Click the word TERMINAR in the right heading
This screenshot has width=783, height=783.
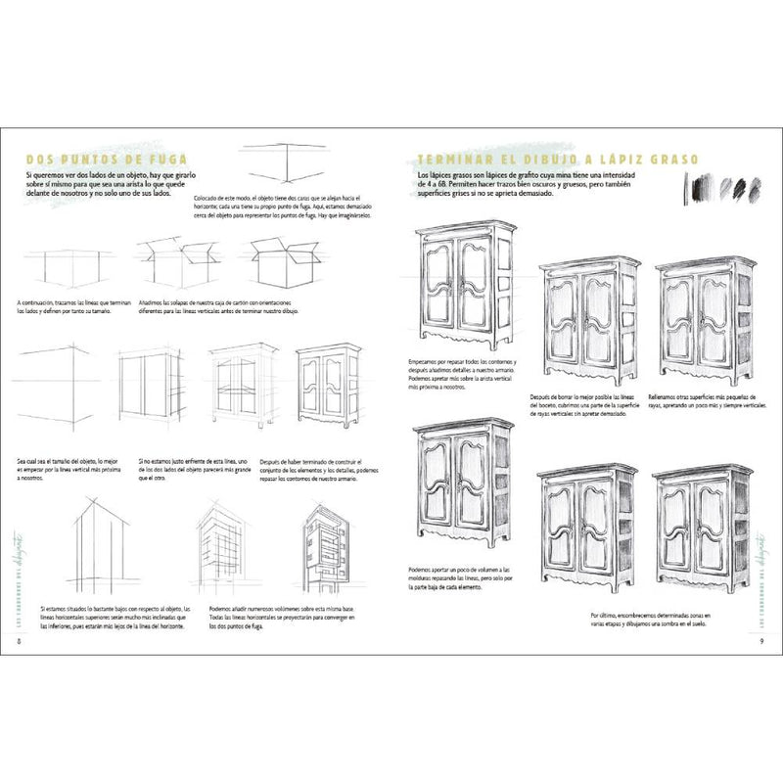pyautogui.click(x=460, y=160)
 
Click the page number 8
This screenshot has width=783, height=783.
pyautogui.click(x=21, y=641)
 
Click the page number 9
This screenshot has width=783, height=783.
pyautogui.click(x=761, y=641)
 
